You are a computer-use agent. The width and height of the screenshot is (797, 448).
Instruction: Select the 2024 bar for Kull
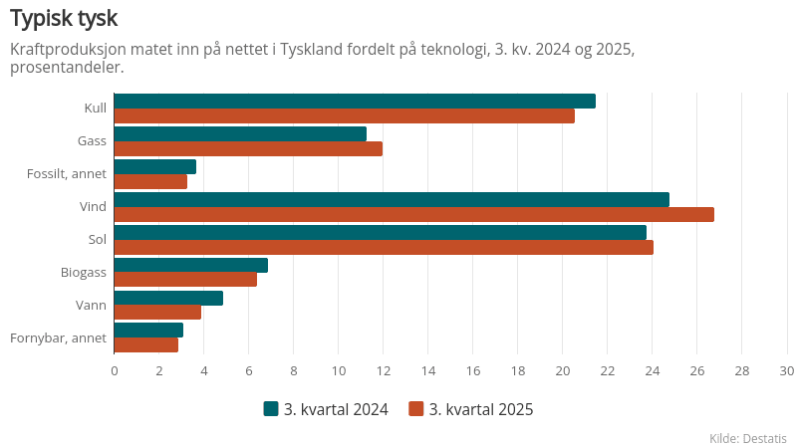tap(355, 101)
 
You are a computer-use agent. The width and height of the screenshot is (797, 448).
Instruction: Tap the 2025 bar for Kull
tap(344, 116)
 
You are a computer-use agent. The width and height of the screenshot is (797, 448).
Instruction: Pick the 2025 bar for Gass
tap(248, 149)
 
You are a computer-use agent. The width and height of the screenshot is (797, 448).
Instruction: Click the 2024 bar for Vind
tap(392, 199)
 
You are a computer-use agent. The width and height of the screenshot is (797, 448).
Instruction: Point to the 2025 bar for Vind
tap(413, 215)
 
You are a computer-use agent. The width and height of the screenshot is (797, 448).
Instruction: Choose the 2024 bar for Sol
tap(380, 232)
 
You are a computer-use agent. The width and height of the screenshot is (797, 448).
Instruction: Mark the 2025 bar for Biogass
tap(185, 280)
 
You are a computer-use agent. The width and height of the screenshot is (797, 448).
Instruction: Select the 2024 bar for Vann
tap(168, 298)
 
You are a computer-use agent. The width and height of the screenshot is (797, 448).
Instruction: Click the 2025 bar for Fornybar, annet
tap(146, 345)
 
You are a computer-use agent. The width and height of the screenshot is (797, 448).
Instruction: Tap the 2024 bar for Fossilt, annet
tap(154, 166)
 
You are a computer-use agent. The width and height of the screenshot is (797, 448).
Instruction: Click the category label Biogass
tap(84, 272)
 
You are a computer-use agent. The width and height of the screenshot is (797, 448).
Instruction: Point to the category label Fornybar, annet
tap(58, 337)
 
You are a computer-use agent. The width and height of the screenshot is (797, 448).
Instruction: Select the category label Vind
tap(93, 206)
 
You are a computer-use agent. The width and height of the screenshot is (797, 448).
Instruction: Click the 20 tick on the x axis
tap(562, 371)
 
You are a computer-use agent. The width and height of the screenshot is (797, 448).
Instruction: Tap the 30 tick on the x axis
tap(786, 371)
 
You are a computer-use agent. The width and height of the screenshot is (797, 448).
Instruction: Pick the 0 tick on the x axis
tap(115, 371)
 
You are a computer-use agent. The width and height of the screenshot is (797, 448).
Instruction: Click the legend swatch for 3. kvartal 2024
tap(270, 409)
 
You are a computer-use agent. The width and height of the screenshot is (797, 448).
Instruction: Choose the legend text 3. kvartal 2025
tap(481, 409)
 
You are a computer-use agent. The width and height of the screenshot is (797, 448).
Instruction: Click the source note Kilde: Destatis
tap(748, 438)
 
